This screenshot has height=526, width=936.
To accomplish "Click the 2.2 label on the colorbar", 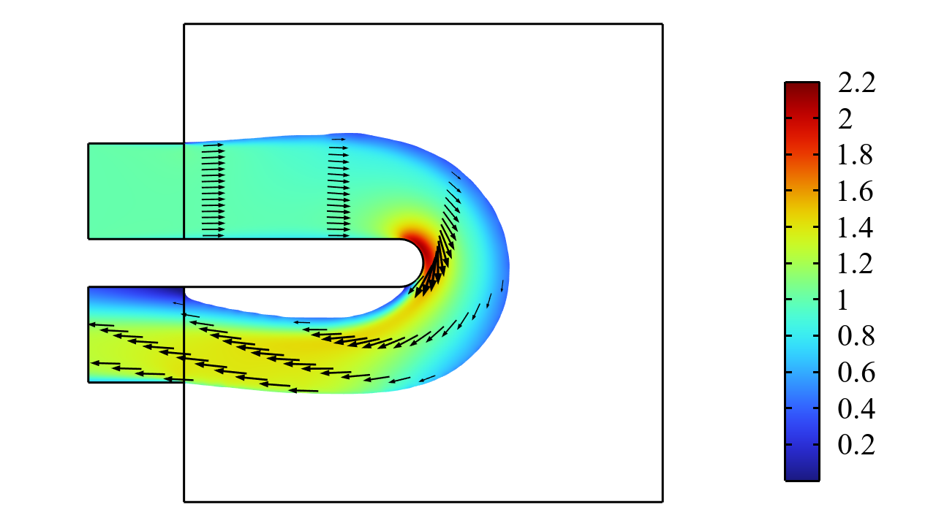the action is pyautogui.click(x=856, y=83).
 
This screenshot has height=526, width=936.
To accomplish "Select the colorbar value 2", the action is pyautogui.click(x=845, y=119).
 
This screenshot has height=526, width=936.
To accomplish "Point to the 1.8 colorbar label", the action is pyautogui.click(x=856, y=156).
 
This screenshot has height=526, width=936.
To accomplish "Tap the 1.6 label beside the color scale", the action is pyautogui.click(x=856, y=191).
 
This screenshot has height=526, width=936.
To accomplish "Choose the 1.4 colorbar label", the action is pyautogui.click(x=856, y=228).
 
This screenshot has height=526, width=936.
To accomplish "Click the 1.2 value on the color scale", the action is pyautogui.click(x=856, y=264).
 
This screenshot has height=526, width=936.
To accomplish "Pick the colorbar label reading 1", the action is pyautogui.click(x=843, y=300).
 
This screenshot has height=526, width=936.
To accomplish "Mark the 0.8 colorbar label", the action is pyautogui.click(x=856, y=336).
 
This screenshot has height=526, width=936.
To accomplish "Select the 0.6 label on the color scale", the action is pyautogui.click(x=856, y=373).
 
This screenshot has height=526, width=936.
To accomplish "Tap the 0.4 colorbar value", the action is pyautogui.click(x=856, y=408).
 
